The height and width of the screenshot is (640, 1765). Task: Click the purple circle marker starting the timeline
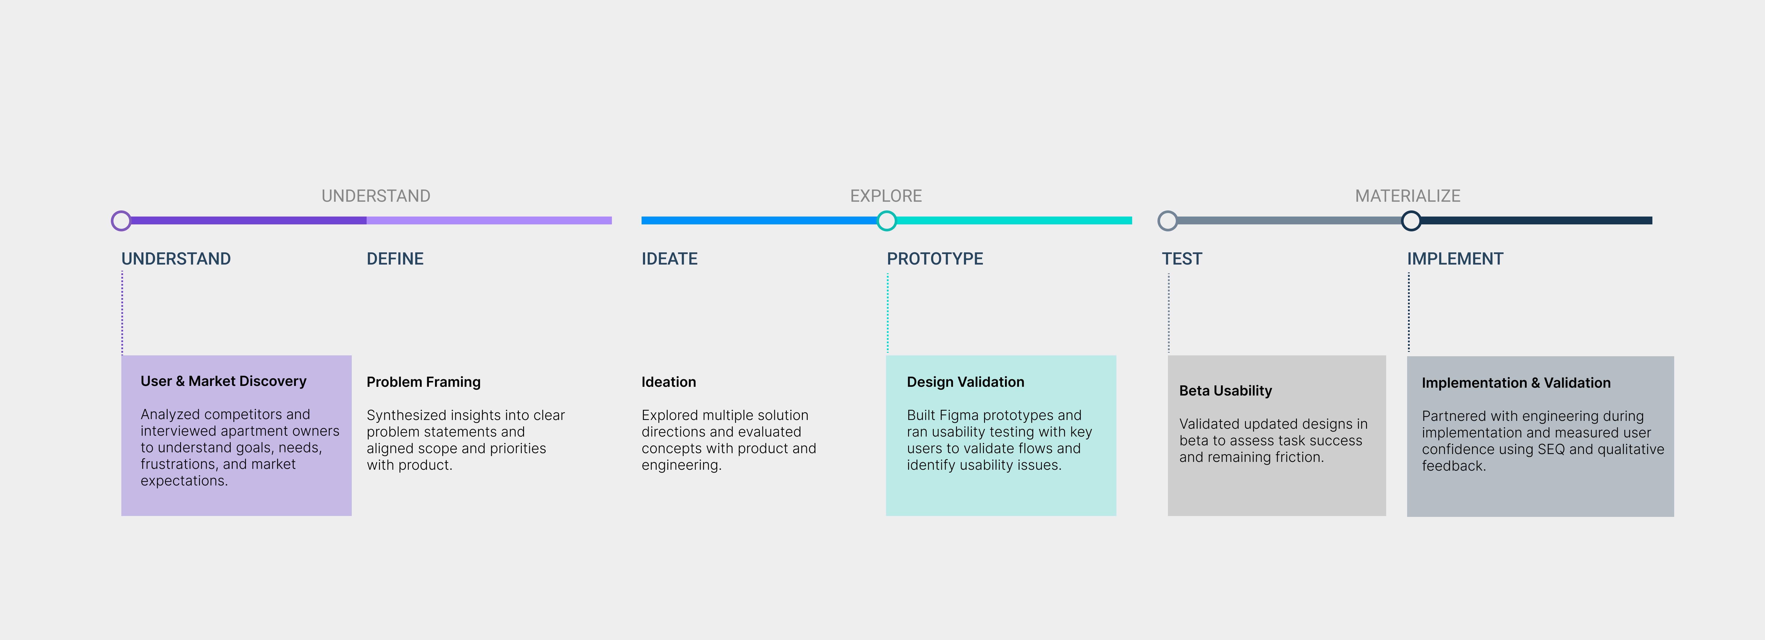[x=121, y=221]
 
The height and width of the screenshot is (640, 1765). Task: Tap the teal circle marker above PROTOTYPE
[x=887, y=221]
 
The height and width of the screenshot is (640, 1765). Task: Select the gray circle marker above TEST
[x=1168, y=221]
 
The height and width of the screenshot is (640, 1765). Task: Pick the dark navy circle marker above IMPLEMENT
[x=1411, y=221]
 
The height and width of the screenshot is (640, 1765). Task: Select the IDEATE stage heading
[x=670, y=259]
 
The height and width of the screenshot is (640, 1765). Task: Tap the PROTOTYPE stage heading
[x=935, y=259]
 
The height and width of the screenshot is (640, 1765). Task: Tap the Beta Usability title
[x=1225, y=391]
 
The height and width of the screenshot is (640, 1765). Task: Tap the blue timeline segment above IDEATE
[x=759, y=221]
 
